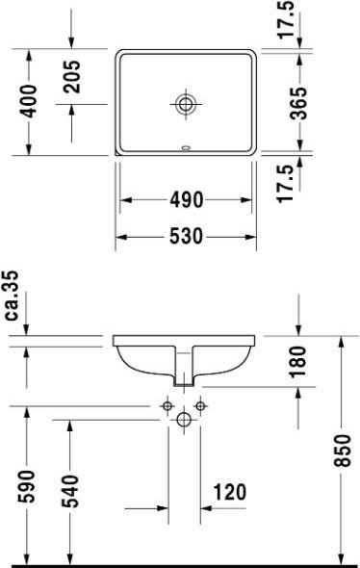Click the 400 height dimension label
tap(31, 100)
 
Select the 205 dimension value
tap(71, 77)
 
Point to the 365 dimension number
tap(299, 100)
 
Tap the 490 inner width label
tap(186, 200)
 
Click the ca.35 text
tap(13, 297)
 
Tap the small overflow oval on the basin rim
tap(185, 148)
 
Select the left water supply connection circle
tap(167, 406)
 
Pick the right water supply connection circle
tap(200, 406)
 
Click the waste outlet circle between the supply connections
tap(184, 419)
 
